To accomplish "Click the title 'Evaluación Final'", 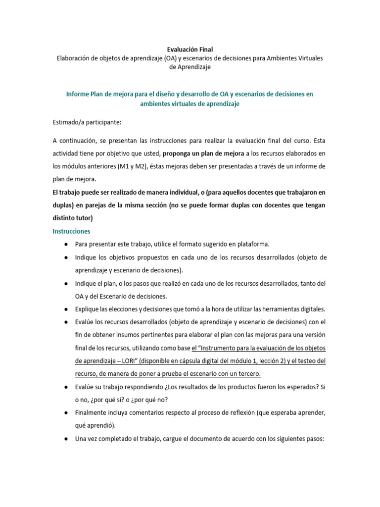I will coord(190,50).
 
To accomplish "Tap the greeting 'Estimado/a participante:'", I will coord(87,122).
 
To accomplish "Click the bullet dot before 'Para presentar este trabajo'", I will coord(66,245).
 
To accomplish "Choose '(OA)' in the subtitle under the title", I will coord(159,58).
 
